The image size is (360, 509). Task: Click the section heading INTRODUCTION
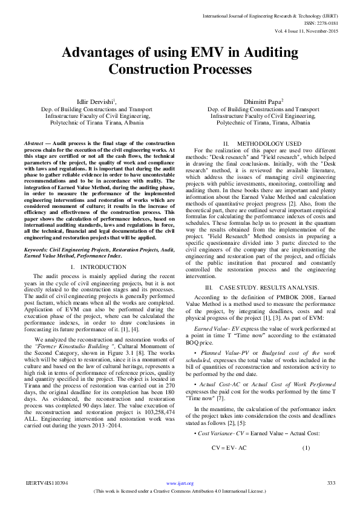point(103,266)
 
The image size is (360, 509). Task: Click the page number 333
point(331,483)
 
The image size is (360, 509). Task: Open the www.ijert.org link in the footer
point(180,484)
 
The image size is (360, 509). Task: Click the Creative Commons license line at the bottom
point(180,491)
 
